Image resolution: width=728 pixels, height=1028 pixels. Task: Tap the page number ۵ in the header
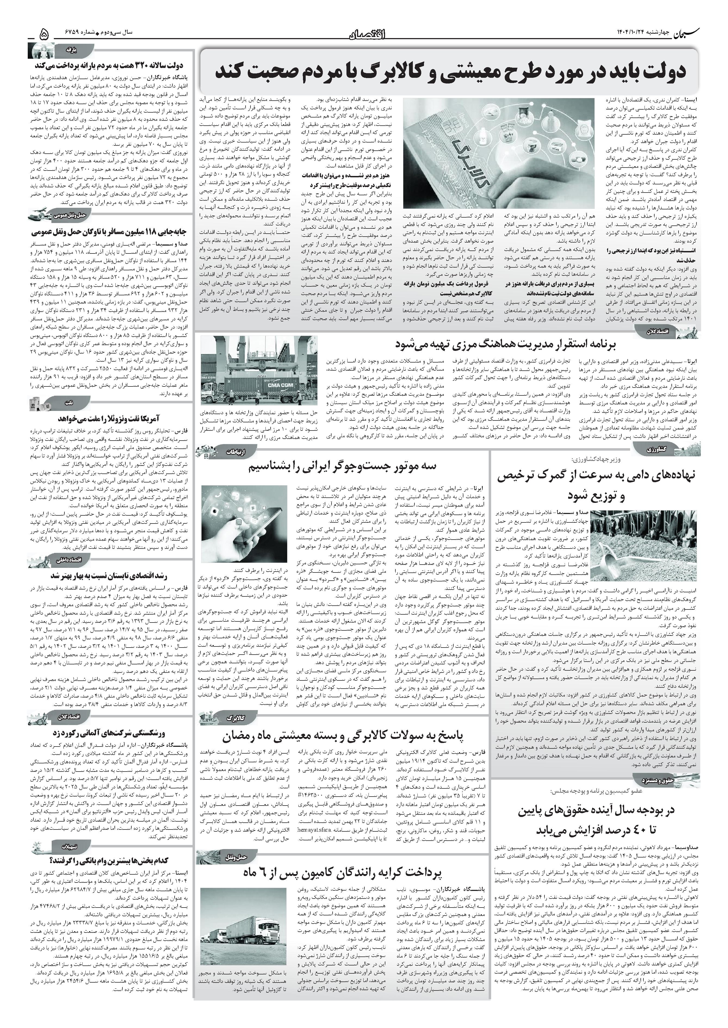[x=44, y=34]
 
